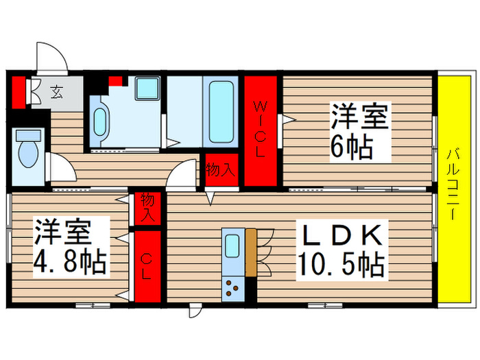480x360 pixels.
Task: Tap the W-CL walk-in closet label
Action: pyautogui.click(x=261, y=130)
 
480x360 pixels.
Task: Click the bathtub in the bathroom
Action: pyautogui.click(x=221, y=110)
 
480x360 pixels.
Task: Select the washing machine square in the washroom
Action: pyautogui.click(x=147, y=88)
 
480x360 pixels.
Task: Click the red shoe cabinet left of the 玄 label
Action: pyautogui.click(x=19, y=93)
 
